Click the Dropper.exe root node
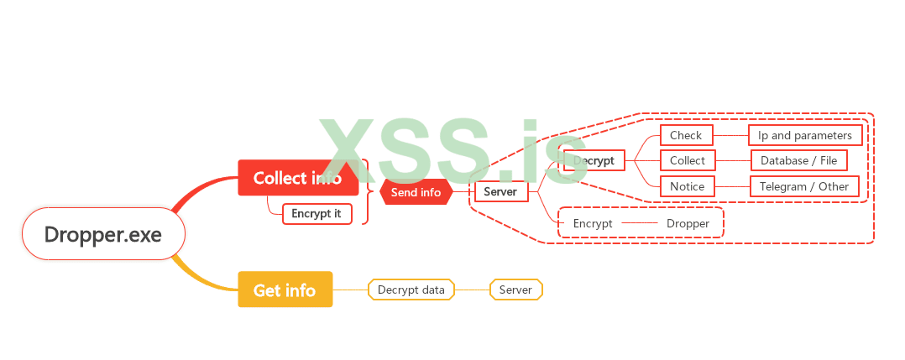[103, 233]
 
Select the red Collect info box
[298, 178]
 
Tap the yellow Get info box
[285, 290]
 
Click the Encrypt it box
[316, 213]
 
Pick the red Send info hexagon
[416, 192]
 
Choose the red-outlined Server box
[500, 192]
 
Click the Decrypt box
[594, 160]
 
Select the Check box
[686, 135]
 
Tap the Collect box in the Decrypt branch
[688, 160]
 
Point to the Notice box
[688, 186]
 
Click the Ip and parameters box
[805, 135]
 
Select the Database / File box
[799, 160]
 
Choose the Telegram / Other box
[804, 186]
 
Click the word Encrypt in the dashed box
[593, 223]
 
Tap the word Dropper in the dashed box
[688, 223]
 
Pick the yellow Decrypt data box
[411, 290]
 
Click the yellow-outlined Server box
[515, 290]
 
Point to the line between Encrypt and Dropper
[640, 223]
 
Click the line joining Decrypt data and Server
[472, 290]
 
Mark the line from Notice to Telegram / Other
[732, 186]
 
